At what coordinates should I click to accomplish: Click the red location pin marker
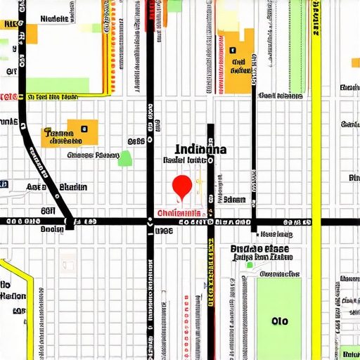pyautogui.click(x=182, y=186)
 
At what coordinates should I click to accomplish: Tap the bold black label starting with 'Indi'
pyautogui.click(x=200, y=149)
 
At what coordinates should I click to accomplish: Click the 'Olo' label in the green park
pyautogui.click(x=279, y=321)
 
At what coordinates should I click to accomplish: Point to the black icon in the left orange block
pyautogui.click(x=84, y=129)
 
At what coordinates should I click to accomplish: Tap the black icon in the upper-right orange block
pyautogui.click(x=231, y=50)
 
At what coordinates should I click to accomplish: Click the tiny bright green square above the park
pyautogui.click(x=249, y=265)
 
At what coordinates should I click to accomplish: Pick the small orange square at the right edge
pyautogui.click(x=355, y=63)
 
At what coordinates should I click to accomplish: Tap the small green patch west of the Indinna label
pyautogui.click(x=125, y=158)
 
